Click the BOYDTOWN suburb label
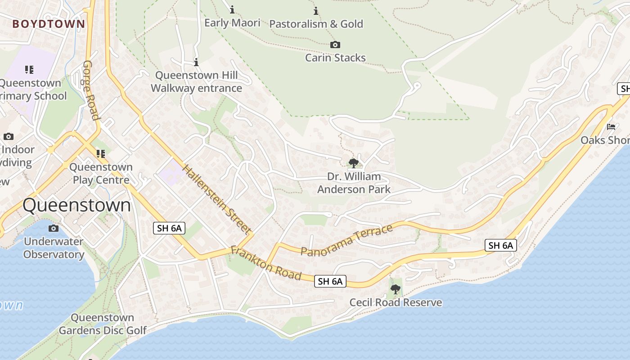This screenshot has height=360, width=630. pyautogui.click(x=49, y=24)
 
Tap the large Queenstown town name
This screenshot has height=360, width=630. pyautogui.click(x=76, y=205)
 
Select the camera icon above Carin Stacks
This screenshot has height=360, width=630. pyautogui.click(x=335, y=45)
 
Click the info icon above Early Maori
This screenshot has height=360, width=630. pyautogui.click(x=232, y=9)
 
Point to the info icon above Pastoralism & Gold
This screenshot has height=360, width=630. pyautogui.click(x=316, y=11)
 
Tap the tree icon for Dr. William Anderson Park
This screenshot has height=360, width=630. pyautogui.click(x=354, y=163)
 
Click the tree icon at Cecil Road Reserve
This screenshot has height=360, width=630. pyautogui.click(x=396, y=289)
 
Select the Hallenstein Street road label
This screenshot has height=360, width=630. pyautogui.click(x=217, y=199)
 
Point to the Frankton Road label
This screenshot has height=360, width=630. pyautogui.click(x=265, y=262)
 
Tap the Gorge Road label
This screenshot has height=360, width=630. pyautogui.click(x=91, y=90)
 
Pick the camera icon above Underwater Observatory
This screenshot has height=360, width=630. pyautogui.click(x=54, y=229)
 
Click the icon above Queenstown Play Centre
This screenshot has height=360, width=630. pyautogui.click(x=101, y=154)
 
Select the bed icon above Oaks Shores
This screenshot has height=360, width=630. pyautogui.click(x=611, y=127)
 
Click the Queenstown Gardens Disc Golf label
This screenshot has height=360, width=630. pyautogui.click(x=103, y=324)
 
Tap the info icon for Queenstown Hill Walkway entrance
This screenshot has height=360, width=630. pyautogui.click(x=196, y=62)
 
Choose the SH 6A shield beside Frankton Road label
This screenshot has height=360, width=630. pyautogui.click(x=330, y=282)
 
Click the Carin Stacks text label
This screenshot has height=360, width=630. pyautogui.click(x=335, y=58)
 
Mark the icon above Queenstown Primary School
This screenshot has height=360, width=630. pyautogui.click(x=29, y=70)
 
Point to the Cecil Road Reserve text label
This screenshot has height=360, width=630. pyautogui.click(x=396, y=302)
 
